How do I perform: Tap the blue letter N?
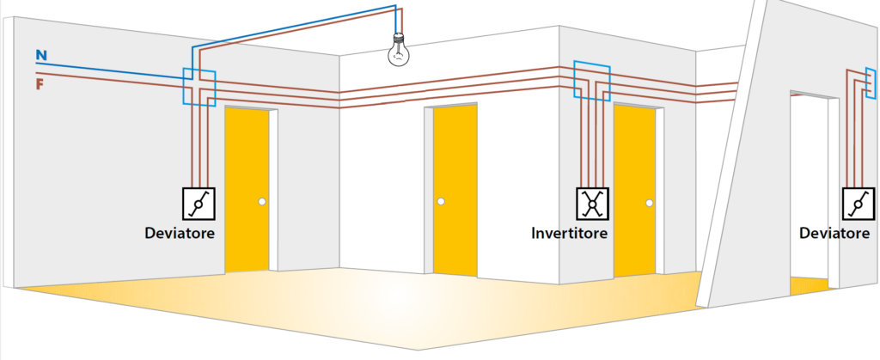[41, 55]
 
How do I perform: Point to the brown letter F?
[40, 85]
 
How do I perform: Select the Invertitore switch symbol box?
[592, 203]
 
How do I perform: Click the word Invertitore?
[569, 232]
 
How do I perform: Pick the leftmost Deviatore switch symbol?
[199, 203]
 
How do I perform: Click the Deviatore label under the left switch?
[180, 232]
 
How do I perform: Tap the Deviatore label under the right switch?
[834, 232]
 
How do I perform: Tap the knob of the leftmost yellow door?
[262, 202]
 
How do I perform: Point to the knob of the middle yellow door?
[441, 201]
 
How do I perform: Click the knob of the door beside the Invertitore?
[650, 203]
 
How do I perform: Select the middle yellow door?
[455, 190]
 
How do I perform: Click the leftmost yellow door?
[247, 190]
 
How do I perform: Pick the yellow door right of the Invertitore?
[635, 192]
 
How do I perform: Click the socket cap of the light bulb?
[399, 38]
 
